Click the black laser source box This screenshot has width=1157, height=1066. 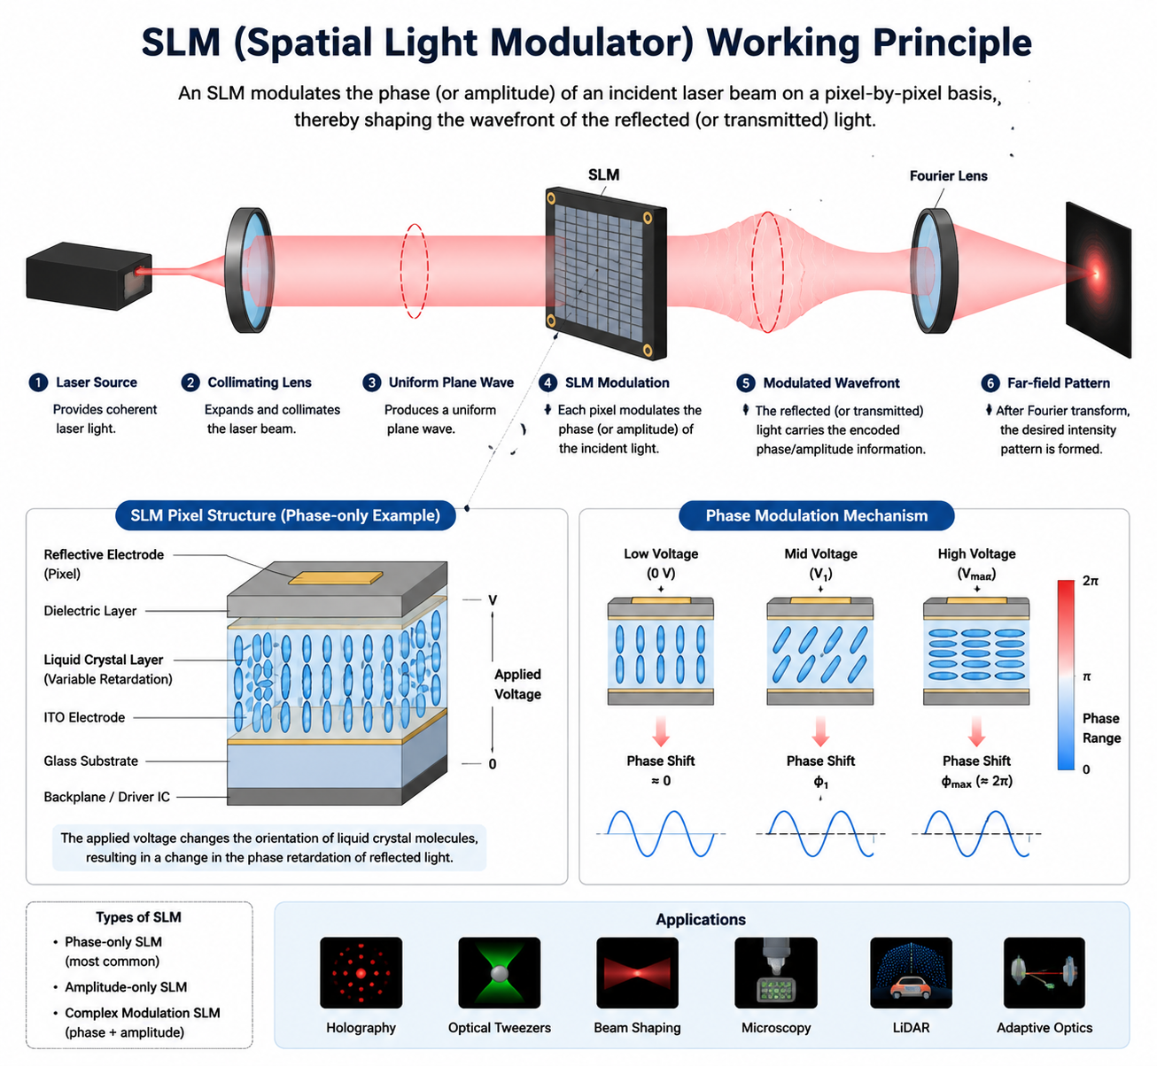[89, 276]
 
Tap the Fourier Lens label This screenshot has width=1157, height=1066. [949, 176]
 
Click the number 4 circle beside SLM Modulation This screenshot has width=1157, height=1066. [547, 382]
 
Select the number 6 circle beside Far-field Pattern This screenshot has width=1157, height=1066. [990, 383]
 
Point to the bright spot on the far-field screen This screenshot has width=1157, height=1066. [1096, 274]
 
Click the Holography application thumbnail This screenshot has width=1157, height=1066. [361, 972]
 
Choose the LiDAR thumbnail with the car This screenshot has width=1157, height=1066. [911, 972]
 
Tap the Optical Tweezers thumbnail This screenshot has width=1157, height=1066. [500, 972]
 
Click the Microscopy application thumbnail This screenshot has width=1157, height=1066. [775, 972]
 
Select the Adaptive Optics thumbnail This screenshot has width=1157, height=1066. [1044, 972]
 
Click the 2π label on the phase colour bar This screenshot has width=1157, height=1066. [1090, 581]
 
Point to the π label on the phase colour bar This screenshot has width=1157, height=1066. [1086, 677]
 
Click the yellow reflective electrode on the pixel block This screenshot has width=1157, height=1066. [336, 577]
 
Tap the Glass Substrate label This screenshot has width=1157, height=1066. [91, 761]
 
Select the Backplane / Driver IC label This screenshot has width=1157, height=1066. [106, 797]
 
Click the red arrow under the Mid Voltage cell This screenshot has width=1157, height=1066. [820, 731]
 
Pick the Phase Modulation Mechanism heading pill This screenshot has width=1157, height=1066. [816, 515]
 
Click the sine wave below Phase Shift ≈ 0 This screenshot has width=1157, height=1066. [661, 833]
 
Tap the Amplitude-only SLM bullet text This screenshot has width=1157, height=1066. [126, 987]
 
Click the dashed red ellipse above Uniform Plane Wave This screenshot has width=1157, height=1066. [415, 271]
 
